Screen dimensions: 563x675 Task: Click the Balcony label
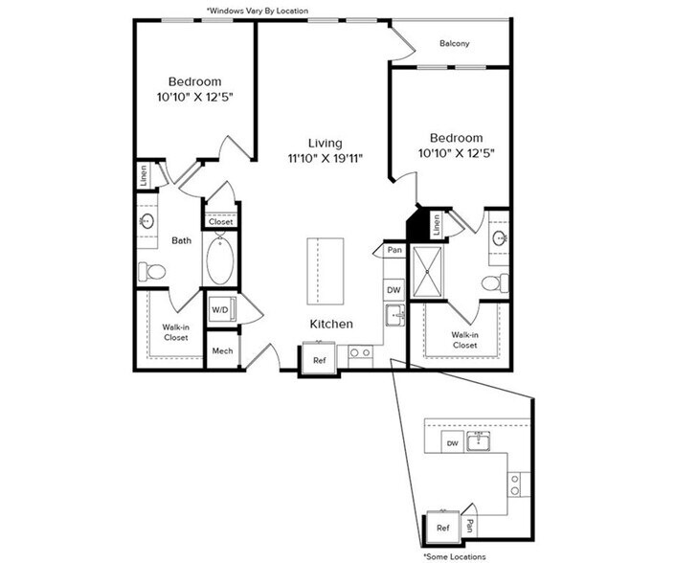point(454,44)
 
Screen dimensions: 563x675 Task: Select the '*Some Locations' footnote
point(454,556)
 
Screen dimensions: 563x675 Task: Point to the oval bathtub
point(218,259)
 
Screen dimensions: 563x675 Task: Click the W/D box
point(219,310)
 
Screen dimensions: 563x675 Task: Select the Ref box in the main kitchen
point(319,359)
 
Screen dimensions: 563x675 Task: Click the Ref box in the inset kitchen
point(442,528)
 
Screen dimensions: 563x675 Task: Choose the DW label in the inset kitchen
point(454,443)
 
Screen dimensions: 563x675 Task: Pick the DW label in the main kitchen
point(393,289)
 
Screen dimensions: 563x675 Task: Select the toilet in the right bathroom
point(494,282)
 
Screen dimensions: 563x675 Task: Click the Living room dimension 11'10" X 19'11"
point(325,157)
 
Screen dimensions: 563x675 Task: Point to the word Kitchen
point(330,325)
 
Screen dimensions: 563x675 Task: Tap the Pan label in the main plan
point(394,250)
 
